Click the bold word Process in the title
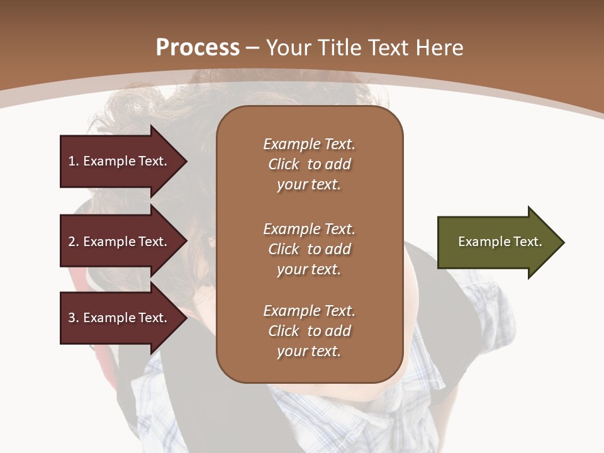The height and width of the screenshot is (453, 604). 198,48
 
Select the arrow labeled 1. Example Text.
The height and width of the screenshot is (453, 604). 120,161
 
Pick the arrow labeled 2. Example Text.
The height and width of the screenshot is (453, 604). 120,242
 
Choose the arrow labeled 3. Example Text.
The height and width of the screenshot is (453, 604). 120,318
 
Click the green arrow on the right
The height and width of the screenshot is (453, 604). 497,242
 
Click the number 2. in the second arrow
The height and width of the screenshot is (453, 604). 73,242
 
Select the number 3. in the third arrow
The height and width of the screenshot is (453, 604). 73,318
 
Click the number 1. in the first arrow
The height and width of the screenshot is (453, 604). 73,161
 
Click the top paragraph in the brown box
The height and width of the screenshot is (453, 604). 309,164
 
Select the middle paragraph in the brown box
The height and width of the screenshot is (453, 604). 309,249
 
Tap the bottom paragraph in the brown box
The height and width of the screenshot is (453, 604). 309,331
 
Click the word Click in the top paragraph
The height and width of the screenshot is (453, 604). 284,164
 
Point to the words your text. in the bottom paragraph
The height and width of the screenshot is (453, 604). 309,351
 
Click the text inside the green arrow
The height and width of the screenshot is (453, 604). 500,242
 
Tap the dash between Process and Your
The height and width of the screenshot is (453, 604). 252,48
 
